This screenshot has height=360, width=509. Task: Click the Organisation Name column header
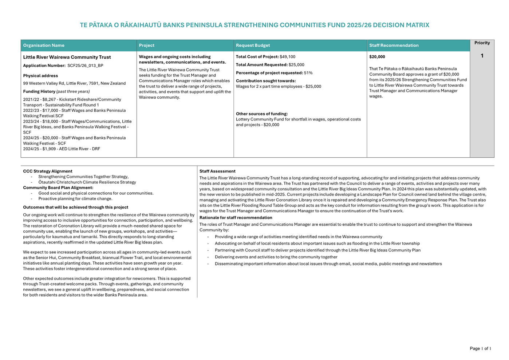[44, 46]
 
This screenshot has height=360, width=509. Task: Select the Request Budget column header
[253, 46]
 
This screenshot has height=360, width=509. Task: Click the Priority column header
[482, 43]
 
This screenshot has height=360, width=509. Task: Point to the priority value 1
[482, 56]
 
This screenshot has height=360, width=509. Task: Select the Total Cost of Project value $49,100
[287, 57]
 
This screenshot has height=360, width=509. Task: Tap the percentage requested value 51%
[308, 73]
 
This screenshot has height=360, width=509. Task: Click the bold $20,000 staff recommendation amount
[377, 57]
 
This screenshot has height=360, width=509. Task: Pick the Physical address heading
[40, 76]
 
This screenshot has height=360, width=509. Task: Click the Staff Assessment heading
[217, 171]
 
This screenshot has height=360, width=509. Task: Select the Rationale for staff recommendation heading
[236, 218]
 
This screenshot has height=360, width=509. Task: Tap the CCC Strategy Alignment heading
[48, 171]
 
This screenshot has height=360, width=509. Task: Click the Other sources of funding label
[262, 114]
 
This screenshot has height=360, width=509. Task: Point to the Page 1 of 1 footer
[480, 348]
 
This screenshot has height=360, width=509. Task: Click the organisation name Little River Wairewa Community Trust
[67, 57]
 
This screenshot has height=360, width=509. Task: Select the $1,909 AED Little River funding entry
[62, 149]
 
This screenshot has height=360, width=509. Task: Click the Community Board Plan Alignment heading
[58, 188]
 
